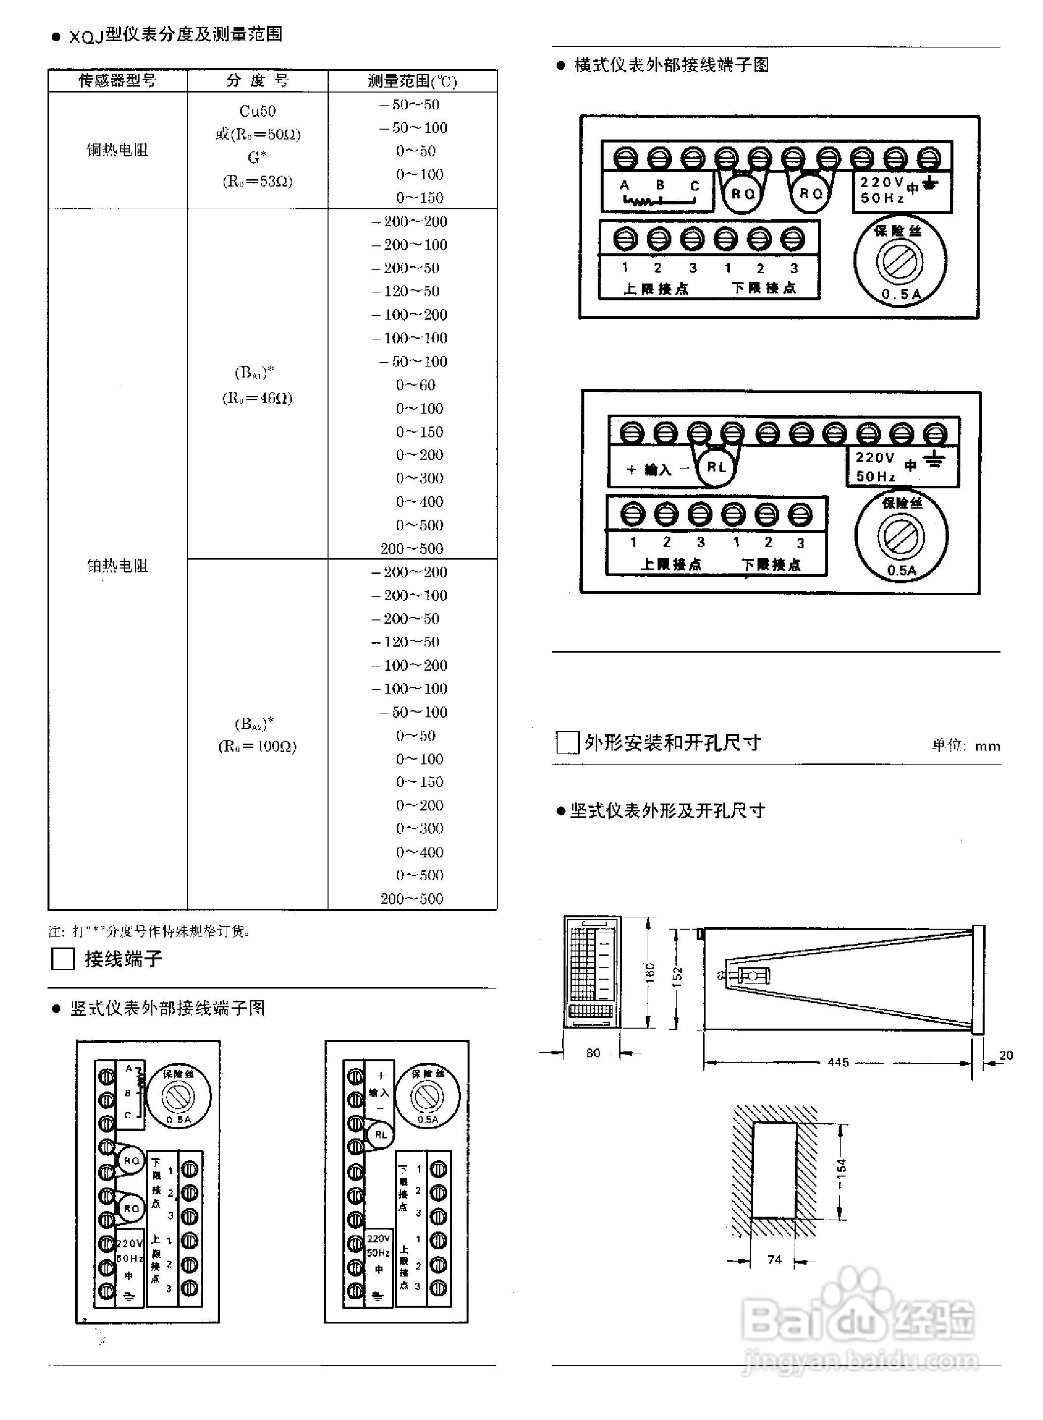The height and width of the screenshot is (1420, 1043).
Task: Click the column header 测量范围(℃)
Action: click(412, 81)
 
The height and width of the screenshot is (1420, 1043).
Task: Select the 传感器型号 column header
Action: click(117, 80)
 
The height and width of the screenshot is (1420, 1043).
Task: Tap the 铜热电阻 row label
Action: click(117, 149)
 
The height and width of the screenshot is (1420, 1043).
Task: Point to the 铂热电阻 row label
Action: click(117, 566)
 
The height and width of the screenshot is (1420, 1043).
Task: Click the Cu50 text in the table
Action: click(257, 111)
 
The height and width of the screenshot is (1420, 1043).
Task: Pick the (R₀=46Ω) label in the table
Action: click(257, 398)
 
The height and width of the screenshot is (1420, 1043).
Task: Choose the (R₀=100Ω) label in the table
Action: click(257, 746)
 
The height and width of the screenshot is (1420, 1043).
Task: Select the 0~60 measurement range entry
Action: click(416, 384)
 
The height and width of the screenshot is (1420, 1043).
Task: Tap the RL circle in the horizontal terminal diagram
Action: click(716, 467)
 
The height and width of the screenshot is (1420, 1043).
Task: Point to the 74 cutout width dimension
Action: click(774, 1260)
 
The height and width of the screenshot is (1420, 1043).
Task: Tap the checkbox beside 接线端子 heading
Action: click(62, 958)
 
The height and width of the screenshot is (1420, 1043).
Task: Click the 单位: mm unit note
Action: click(966, 746)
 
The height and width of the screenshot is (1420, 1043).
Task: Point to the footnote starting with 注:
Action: click(149, 931)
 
